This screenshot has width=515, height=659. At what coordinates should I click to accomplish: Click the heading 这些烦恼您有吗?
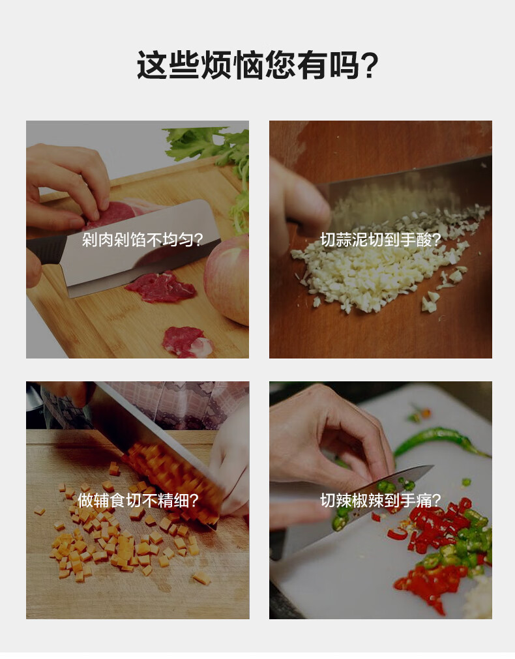pos(257,65)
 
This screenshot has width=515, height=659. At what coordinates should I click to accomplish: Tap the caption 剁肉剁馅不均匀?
pos(142,240)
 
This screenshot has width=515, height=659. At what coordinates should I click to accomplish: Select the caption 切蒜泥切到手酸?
pos(381,240)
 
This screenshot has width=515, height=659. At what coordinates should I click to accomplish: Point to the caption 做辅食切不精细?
pos(138,500)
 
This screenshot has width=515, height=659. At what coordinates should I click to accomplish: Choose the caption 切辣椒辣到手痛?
pos(381,500)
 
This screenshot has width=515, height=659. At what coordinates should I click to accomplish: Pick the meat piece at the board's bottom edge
pos(187,342)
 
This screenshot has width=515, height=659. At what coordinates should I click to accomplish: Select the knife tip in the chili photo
pos(433,466)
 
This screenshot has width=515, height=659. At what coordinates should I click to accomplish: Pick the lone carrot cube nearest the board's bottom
pos(202,578)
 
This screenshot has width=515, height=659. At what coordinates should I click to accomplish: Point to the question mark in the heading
pos(370,66)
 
